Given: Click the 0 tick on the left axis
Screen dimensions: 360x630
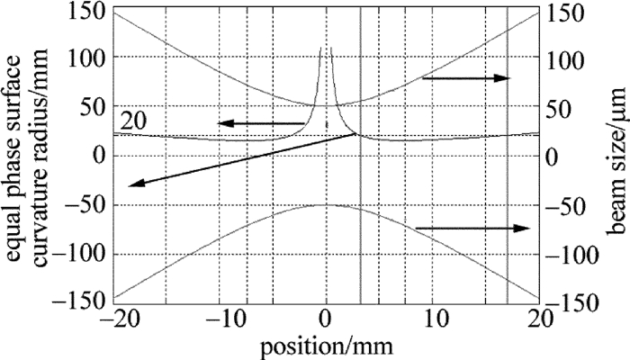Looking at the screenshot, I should [x=98, y=157].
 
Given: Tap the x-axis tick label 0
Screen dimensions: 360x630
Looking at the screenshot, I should [x=326, y=317].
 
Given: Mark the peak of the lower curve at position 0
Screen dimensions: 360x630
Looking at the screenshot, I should [x=326, y=205].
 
